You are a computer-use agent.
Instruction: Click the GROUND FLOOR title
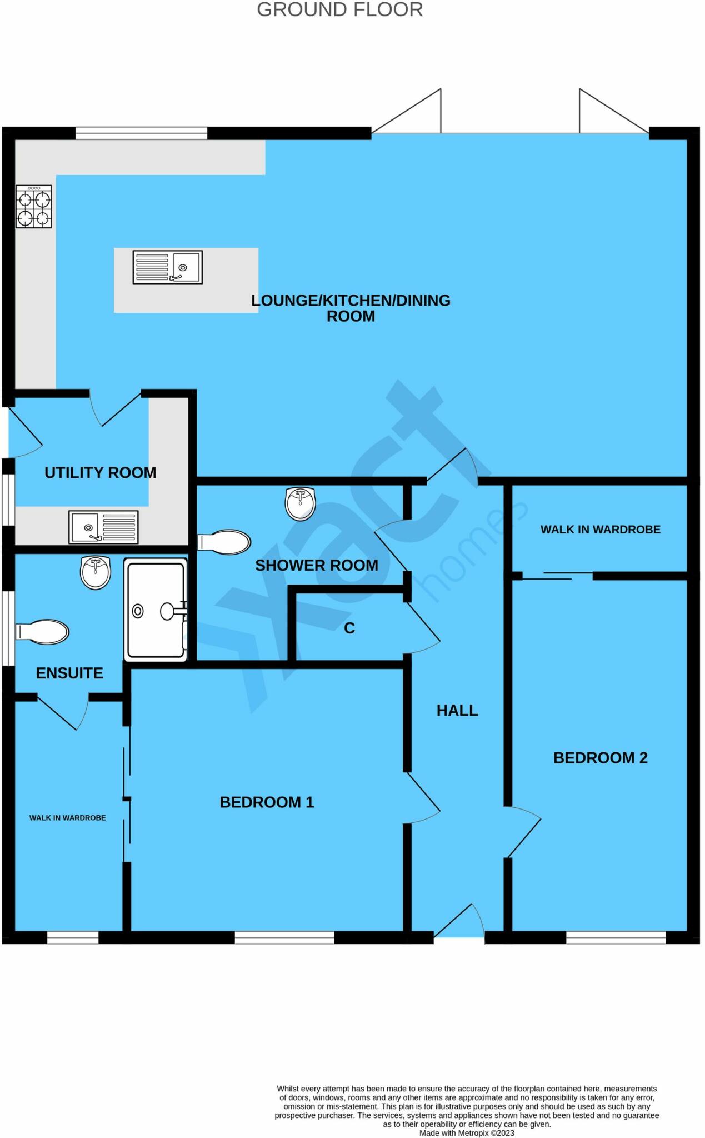tap(339, 9)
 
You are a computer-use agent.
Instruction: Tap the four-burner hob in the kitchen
tap(34, 207)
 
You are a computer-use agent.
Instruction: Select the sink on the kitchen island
tap(168, 267)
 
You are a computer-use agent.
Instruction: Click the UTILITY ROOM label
tap(100, 473)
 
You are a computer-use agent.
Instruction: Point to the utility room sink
tap(103, 527)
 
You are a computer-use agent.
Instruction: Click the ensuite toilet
tap(43, 632)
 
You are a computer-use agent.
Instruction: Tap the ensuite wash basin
tap(96, 572)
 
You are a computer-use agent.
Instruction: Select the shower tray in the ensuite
tap(156, 610)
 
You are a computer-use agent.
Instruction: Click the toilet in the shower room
tap(224, 542)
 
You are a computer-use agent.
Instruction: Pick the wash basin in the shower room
tap(300, 503)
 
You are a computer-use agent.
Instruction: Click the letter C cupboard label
tap(349, 628)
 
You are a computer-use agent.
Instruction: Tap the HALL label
tap(457, 711)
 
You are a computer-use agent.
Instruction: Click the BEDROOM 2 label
tap(600, 758)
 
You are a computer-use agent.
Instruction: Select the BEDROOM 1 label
tap(267, 802)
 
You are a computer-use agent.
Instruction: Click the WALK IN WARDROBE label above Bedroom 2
tap(600, 530)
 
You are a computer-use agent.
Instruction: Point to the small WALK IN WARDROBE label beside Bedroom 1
tap(67, 818)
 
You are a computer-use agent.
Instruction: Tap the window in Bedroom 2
tap(616, 938)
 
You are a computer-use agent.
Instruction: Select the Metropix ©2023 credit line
tap(467, 1133)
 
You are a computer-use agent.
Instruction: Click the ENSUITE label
tap(69, 673)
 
